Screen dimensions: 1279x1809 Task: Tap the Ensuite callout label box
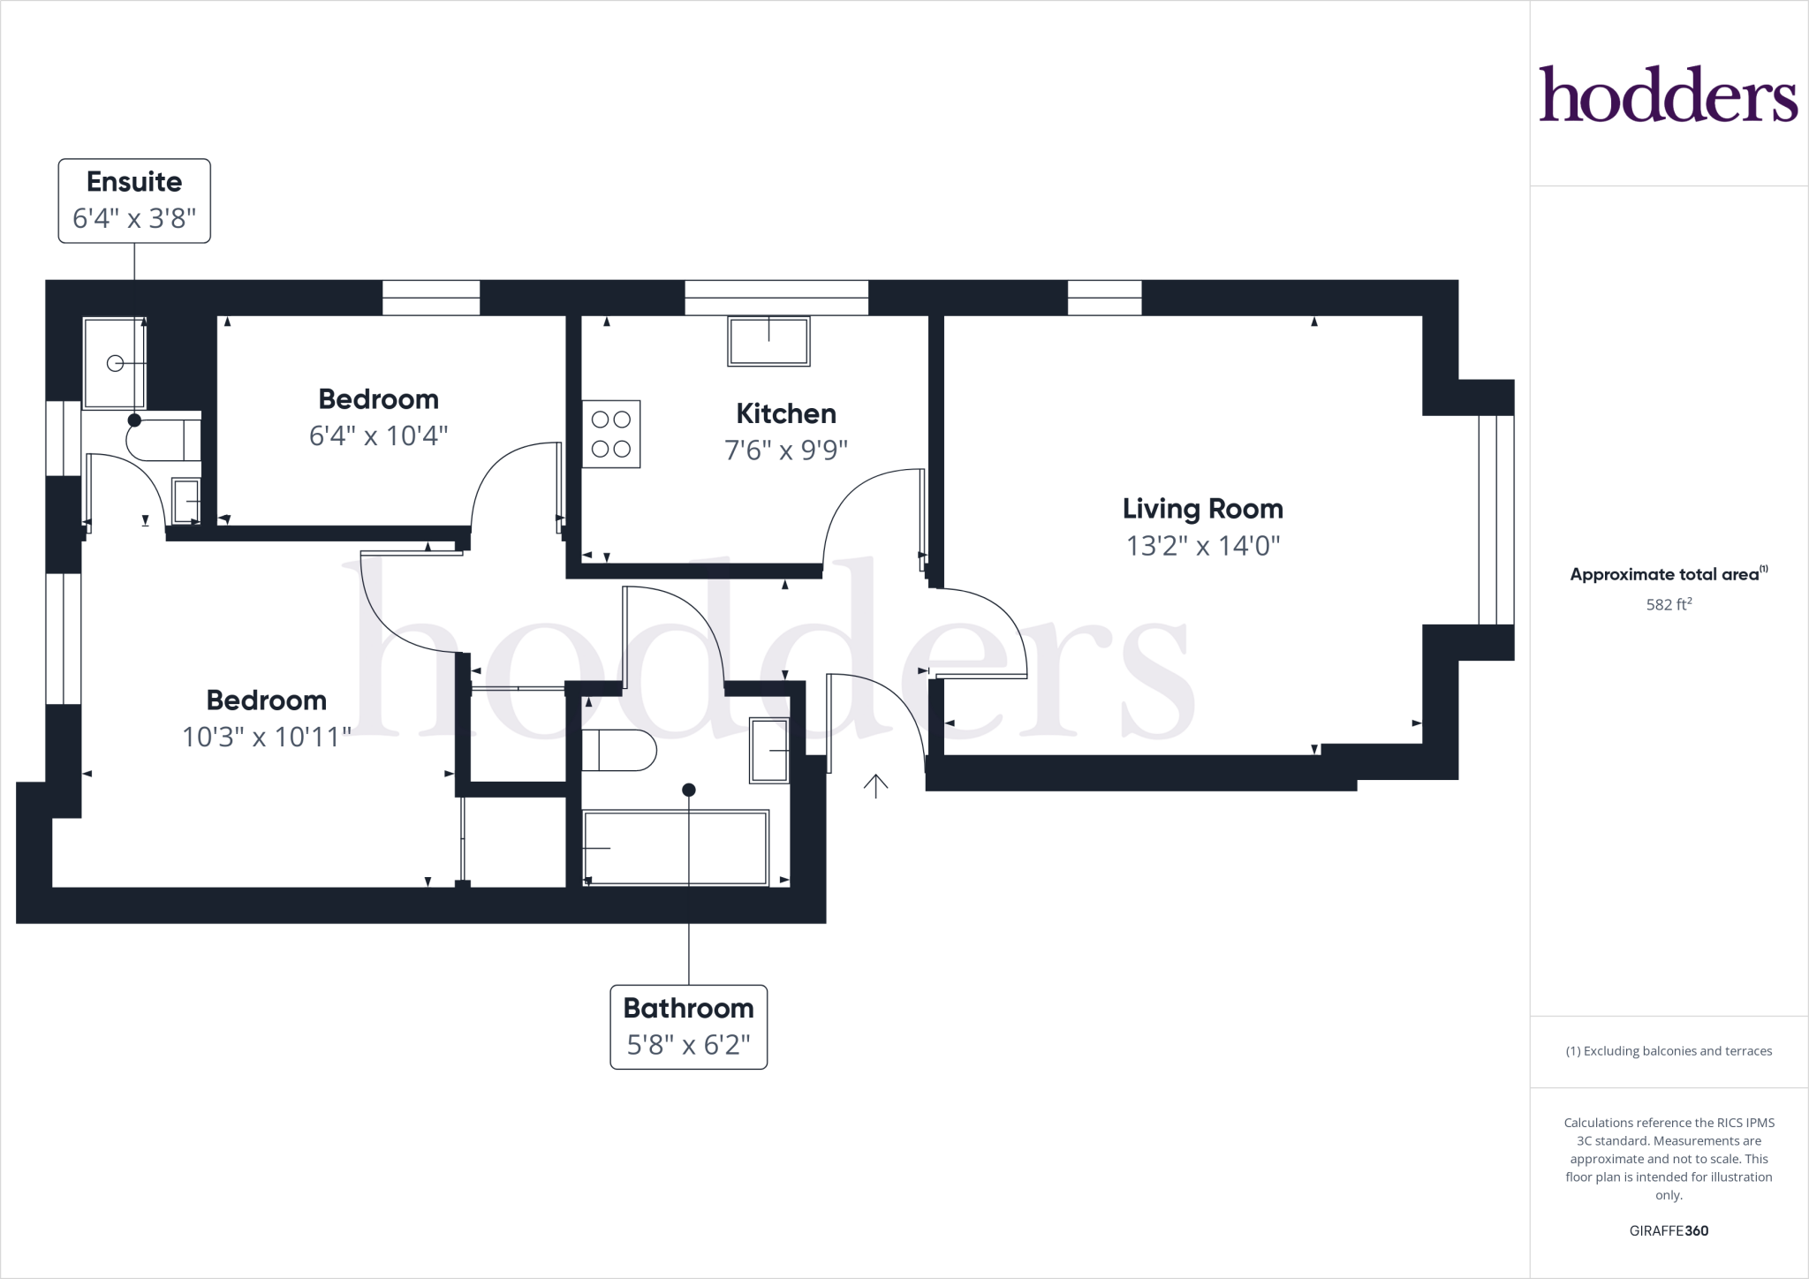134,201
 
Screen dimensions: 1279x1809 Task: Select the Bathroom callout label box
688,1026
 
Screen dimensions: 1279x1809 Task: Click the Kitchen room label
785,413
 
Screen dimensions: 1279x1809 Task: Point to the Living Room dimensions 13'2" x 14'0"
1202,546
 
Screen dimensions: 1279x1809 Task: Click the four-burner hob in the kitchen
610,434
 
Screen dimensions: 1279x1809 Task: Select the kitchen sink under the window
768,342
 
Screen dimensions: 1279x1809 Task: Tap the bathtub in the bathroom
676,847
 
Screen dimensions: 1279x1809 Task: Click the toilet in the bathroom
618,751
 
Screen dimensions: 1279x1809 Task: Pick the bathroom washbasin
768,750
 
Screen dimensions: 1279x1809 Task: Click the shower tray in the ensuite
114,363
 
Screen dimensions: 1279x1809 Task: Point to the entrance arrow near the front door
875,785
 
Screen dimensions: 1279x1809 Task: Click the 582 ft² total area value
1668,605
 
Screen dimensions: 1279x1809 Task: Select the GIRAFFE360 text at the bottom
1668,1230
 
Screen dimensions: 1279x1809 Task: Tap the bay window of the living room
1495,519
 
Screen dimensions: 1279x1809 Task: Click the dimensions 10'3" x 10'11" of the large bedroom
266,737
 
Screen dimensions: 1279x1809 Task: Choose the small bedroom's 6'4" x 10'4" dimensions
378,435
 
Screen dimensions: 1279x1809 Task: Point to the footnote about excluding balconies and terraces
1668,1051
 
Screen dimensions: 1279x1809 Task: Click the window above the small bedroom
431,298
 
